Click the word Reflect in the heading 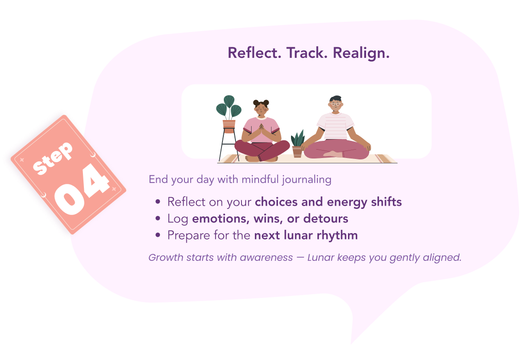coord(254,53)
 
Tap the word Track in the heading coord(307,53)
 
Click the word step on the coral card coord(52,158)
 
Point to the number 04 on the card coord(82,189)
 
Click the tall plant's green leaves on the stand coord(229,107)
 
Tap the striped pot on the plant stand coord(229,126)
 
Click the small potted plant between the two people coord(297,143)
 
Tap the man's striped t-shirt coord(335,126)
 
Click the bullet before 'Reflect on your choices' coord(158,202)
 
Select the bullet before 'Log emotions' coord(158,219)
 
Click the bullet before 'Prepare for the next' coord(158,235)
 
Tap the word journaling coord(306,180)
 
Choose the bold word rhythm coord(337,236)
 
